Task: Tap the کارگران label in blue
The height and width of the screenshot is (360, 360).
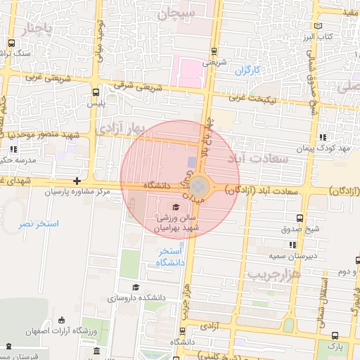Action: coord(247,70)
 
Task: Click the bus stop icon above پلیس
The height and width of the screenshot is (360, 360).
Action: coord(96,91)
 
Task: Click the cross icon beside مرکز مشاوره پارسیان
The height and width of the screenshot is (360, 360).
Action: coord(77,181)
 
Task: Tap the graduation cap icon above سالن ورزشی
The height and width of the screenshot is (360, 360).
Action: coord(175,207)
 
